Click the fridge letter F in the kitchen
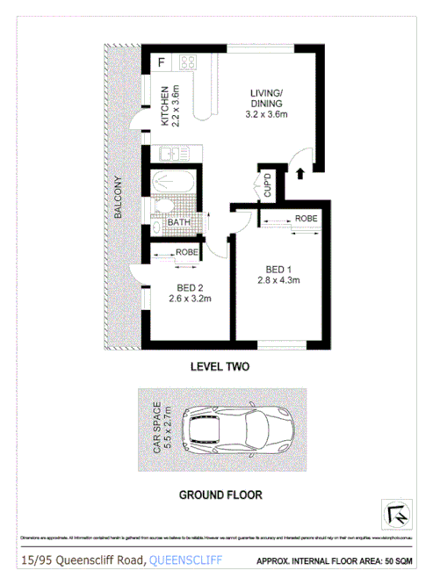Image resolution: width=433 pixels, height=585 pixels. click(162, 62)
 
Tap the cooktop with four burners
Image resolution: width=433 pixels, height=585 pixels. click(188, 62)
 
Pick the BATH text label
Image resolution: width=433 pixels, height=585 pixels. click(179, 223)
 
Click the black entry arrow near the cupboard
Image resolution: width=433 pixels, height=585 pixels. click(300, 173)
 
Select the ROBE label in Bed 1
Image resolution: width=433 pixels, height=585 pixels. click(306, 218)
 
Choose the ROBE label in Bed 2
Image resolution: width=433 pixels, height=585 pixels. click(187, 252)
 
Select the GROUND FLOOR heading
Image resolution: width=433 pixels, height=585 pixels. click(220, 495)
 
